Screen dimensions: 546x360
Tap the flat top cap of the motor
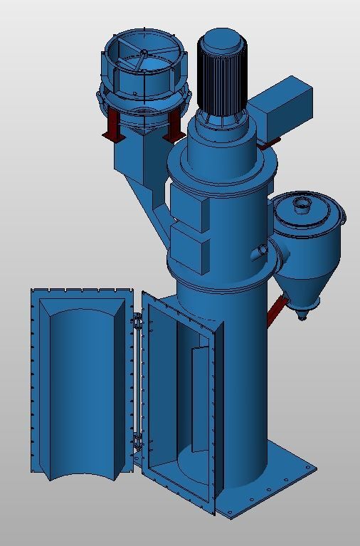pyautogui.click(x=222, y=38)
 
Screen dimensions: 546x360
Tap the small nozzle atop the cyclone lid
pyautogui.click(x=302, y=206)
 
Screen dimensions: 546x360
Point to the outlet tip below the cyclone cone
pyautogui.click(x=302, y=313)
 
